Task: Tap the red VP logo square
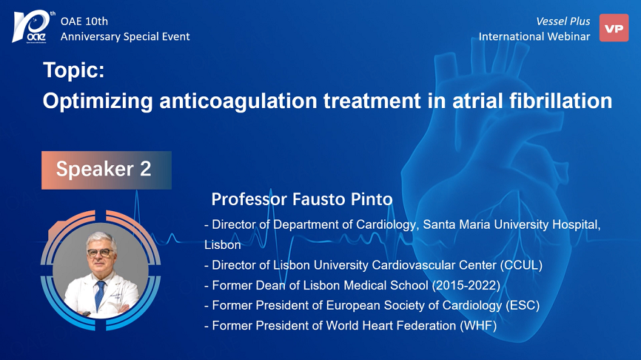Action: point(614,28)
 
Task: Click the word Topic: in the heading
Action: point(74,70)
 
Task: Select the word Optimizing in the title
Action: point(98,101)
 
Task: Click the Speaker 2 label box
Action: point(107,170)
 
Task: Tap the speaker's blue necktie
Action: point(99,295)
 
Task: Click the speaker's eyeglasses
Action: point(100,253)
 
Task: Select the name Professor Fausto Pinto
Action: point(302,199)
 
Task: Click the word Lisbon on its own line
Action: point(222,244)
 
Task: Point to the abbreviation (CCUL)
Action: point(521,265)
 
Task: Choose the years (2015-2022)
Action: point(466,285)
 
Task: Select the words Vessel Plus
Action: point(563,21)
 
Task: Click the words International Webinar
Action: point(534,36)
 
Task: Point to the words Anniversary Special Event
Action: point(125,37)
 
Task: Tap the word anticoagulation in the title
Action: point(238,101)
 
